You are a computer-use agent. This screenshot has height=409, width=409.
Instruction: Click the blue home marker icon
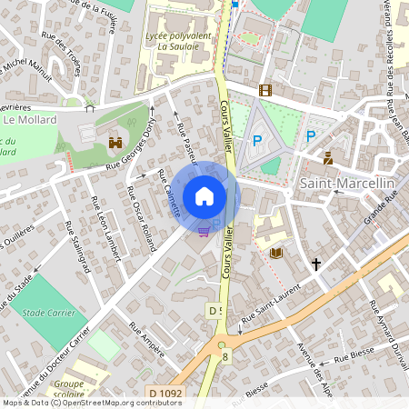(x=204, y=196)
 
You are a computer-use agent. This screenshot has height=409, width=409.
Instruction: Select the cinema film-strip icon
(x=264, y=90)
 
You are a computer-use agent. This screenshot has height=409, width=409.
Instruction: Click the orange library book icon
(x=276, y=252)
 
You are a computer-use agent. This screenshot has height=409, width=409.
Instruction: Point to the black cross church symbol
(x=316, y=264)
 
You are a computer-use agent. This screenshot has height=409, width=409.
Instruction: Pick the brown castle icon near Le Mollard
(x=115, y=143)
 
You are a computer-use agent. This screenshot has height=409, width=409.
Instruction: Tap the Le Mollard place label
(x=30, y=119)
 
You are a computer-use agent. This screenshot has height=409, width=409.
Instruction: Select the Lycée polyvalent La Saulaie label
(x=178, y=39)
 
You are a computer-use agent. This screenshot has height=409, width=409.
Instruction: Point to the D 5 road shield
(x=215, y=311)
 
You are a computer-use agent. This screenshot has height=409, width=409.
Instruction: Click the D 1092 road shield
(x=165, y=393)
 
